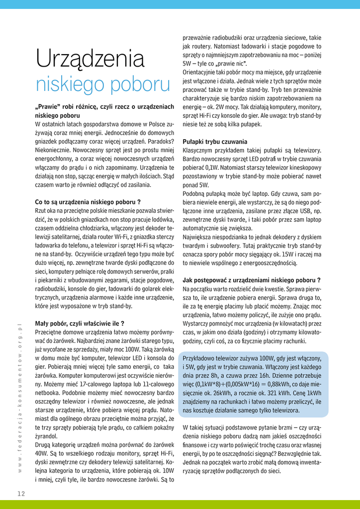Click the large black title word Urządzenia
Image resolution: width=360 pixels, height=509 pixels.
90,60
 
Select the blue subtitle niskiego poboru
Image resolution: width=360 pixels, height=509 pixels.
103,84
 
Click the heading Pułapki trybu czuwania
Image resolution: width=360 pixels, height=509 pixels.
215,141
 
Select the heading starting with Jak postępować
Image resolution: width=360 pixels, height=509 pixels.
251,280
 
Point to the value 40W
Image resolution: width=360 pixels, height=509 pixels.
42,453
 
